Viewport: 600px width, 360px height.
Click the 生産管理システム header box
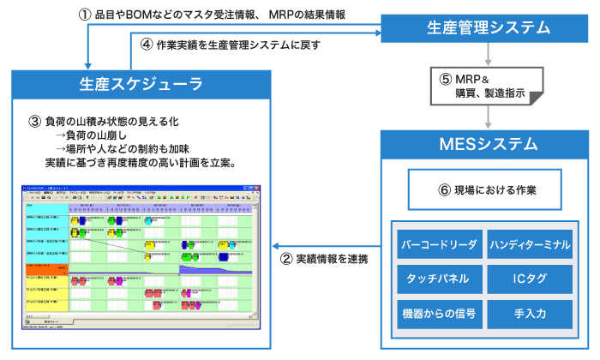click(x=488, y=28)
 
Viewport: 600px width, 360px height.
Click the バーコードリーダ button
click(x=438, y=244)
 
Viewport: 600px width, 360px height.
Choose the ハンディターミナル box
click(x=529, y=244)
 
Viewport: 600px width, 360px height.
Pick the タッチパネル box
click(x=438, y=279)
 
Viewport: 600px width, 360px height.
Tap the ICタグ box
click(x=529, y=279)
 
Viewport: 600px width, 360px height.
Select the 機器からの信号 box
click(x=438, y=313)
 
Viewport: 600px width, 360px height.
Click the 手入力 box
click(x=529, y=313)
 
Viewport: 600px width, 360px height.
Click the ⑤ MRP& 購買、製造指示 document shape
click(x=488, y=85)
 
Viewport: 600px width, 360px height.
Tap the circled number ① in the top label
click(x=84, y=15)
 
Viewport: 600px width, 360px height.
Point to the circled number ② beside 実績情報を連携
click(x=287, y=258)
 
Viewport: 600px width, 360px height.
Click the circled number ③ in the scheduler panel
click(x=34, y=121)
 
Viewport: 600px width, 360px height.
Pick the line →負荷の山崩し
click(x=91, y=135)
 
